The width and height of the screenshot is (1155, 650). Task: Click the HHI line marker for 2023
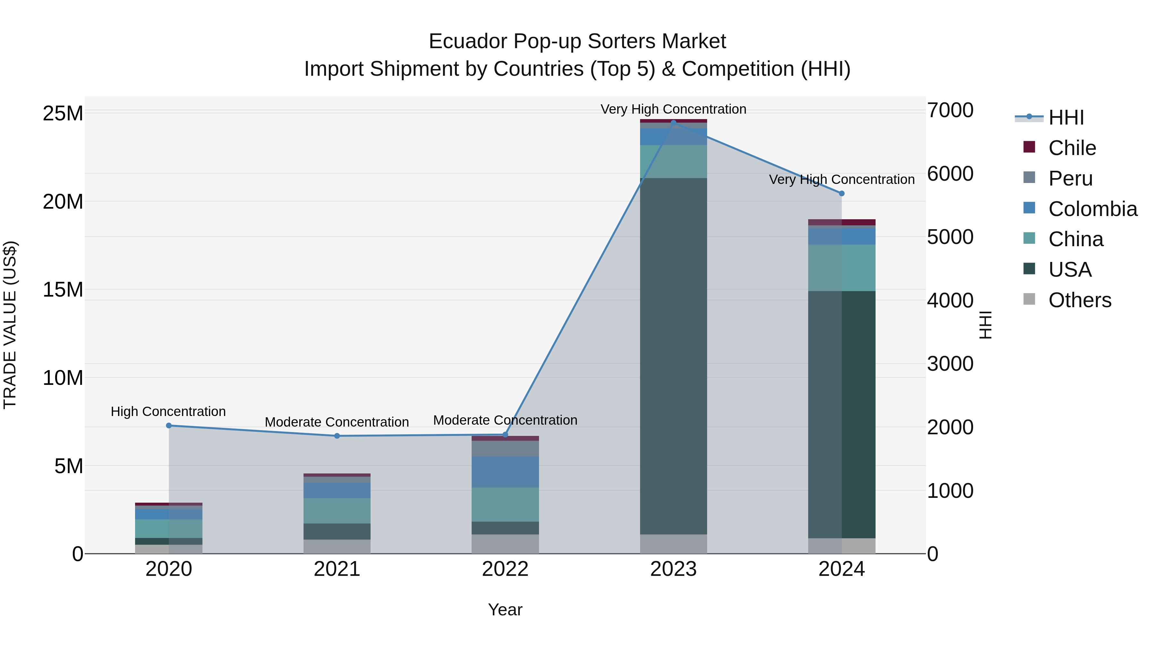[673, 123]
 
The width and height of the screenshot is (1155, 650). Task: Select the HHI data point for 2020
[168, 425]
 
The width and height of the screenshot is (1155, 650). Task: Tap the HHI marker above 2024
[842, 193]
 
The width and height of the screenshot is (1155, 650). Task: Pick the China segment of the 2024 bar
[842, 268]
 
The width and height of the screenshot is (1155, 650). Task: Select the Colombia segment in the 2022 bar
[505, 472]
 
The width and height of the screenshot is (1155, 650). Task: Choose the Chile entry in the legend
[1072, 148]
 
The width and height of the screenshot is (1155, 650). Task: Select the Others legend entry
[1079, 300]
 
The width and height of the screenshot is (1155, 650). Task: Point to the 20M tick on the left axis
[63, 201]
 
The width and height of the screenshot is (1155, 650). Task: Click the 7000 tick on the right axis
[950, 110]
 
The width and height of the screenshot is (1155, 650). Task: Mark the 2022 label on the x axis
[505, 569]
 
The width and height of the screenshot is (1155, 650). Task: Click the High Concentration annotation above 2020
[168, 412]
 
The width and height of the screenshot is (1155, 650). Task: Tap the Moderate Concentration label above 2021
[337, 422]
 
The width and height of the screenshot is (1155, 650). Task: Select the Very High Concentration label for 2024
[842, 179]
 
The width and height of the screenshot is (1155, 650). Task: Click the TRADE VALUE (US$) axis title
[10, 325]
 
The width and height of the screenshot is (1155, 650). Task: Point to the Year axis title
[505, 610]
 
